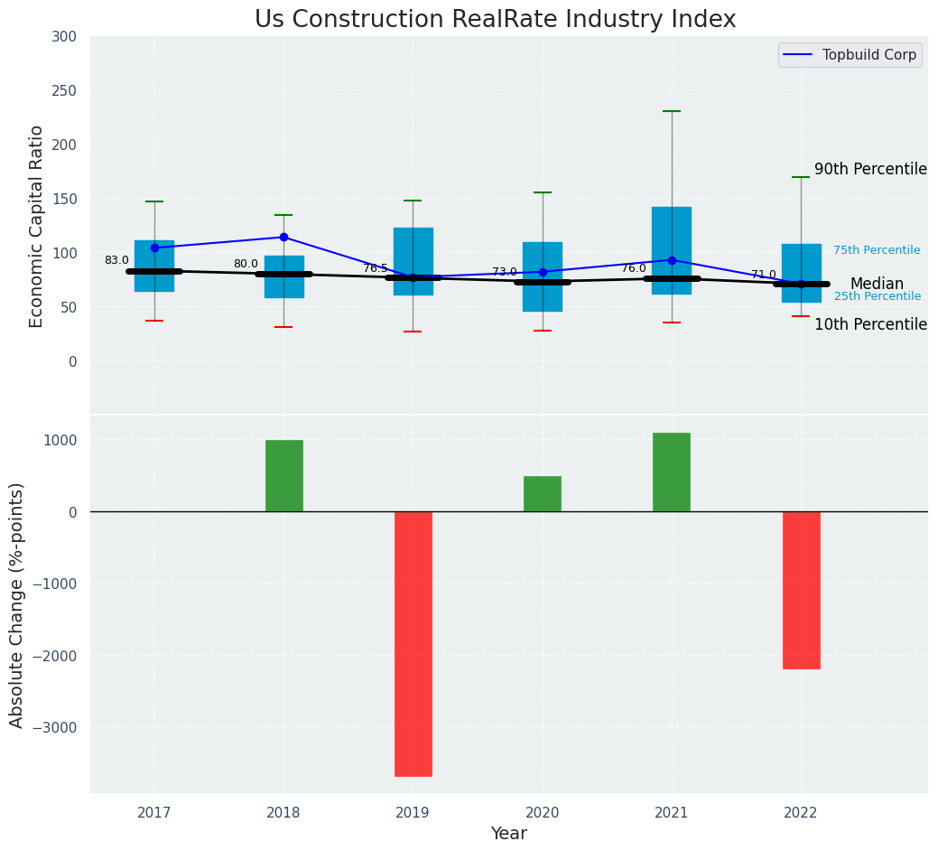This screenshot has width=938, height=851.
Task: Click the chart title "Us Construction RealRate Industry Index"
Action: (x=495, y=20)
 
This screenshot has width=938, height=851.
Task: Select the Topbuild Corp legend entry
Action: (x=850, y=55)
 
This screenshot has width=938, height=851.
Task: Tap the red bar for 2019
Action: (x=413, y=643)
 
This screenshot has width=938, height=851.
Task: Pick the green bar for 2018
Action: (x=284, y=475)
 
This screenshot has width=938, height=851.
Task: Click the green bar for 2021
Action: (x=672, y=472)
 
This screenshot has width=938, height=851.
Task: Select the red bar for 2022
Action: (x=802, y=590)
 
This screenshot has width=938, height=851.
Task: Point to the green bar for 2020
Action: (x=543, y=493)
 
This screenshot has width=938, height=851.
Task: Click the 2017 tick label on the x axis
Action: (x=154, y=813)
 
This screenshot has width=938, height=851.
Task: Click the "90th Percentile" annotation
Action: (x=870, y=169)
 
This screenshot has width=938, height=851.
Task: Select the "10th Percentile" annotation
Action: (x=870, y=324)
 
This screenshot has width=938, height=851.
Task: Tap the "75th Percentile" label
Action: (x=877, y=250)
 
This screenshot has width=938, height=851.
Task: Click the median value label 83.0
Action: (x=116, y=260)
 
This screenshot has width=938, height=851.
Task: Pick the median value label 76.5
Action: (x=376, y=268)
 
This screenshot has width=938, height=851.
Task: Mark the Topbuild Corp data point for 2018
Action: (x=283, y=238)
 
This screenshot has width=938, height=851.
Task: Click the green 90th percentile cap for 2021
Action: (x=672, y=111)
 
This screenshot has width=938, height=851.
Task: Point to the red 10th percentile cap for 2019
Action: (x=413, y=332)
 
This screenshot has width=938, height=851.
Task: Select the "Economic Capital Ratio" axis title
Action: (x=37, y=226)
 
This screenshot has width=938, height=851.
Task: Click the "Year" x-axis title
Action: (x=509, y=834)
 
